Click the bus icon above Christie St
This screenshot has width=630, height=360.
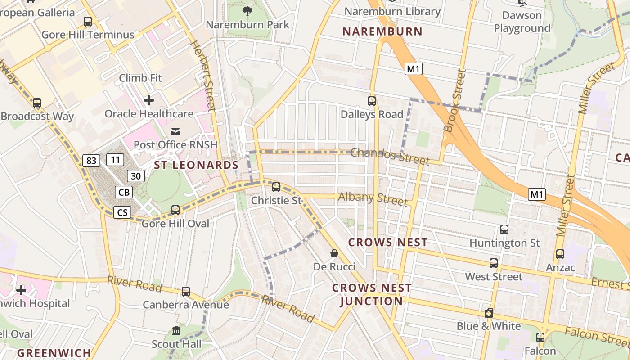click(x=276, y=187)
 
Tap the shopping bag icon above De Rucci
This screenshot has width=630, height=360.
click(x=334, y=253)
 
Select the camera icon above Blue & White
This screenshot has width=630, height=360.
click(x=489, y=313)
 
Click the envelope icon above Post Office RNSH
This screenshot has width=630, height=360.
click(x=175, y=131)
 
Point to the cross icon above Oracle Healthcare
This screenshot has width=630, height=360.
click(x=148, y=100)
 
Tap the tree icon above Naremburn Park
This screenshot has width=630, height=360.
click(x=247, y=10)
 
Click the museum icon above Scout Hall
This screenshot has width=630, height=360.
click(x=176, y=331)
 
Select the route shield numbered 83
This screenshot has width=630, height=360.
click(x=91, y=160)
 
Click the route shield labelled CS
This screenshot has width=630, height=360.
click(x=122, y=212)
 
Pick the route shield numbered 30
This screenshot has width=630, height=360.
click(x=136, y=176)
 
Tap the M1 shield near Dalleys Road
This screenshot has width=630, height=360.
click(x=414, y=69)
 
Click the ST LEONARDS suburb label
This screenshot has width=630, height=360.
click(x=196, y=165)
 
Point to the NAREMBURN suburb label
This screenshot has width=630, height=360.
click(x=382, y=31)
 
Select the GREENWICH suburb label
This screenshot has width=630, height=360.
click(x=54, y=353)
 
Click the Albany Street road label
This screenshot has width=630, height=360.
click(x=373, y=198)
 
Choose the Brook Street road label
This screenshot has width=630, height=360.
click(x=454, y=100)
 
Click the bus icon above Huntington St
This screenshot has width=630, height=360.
click(x=504, y=229)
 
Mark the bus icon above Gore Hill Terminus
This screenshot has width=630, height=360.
click(x=88, y=21)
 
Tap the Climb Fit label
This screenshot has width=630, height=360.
click(x=140, y=78)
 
